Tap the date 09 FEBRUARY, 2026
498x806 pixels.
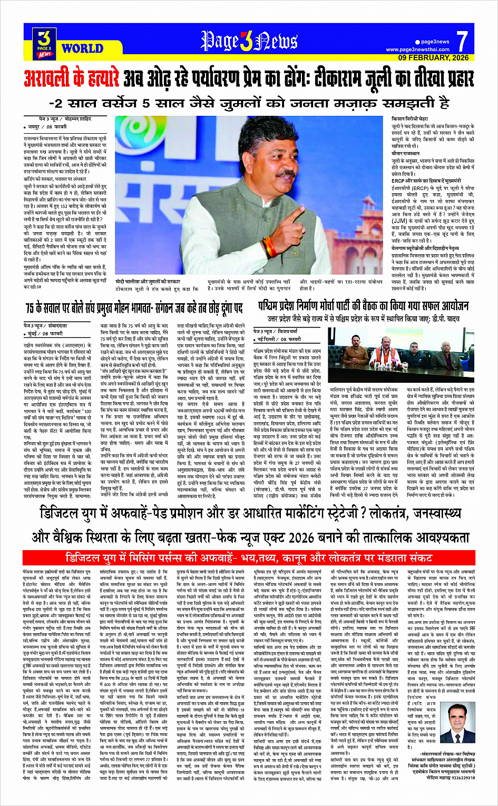pos(433,57)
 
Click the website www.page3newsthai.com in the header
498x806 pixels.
pos(418,49)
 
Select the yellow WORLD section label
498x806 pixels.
pos(82,49)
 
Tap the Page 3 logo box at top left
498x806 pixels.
pos(45,43)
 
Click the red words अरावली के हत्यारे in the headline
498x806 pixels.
pos(71,79)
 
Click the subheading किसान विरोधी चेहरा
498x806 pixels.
pos(410,120)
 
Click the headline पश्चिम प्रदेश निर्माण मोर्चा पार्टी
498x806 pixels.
pos(363,306)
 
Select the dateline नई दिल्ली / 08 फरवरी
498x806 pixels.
pos(277,340)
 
